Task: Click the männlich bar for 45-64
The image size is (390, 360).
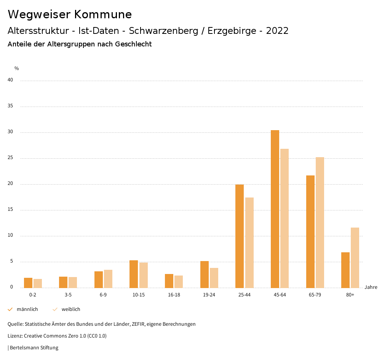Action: click(x=275, y=209)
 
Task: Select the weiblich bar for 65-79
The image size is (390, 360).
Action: click(x=320, y=223)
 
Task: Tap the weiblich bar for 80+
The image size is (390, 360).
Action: click(x=355, y=258)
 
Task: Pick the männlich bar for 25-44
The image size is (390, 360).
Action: click(x=240, y=236)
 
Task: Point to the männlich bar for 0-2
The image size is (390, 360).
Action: click(x=28, y=283)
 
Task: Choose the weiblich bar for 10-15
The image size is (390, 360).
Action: click(x=144, y=275)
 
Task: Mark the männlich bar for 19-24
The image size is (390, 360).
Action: click(x=204, y=274)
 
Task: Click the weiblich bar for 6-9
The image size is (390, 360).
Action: click(x=108, y=279)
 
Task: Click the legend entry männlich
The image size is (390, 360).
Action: click(x=27, y=309)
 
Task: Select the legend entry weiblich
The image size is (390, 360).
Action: click(x=71, y=309)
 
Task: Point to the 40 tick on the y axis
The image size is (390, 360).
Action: click(x=10, y=80)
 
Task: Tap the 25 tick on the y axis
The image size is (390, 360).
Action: click(x=10, y=158)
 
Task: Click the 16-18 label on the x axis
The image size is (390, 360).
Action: click(x=174, y=295)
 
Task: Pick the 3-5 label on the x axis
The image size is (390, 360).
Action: click(x=68, y=295)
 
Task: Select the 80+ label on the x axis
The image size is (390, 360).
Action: click(x=350, y=295)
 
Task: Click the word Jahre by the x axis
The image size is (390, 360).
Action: click(x=371, y=287)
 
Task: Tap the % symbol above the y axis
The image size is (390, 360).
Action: click(x=17, y=68)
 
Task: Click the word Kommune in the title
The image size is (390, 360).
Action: click(x=103, y=14)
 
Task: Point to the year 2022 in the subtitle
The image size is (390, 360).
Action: click(x=277, y=31)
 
